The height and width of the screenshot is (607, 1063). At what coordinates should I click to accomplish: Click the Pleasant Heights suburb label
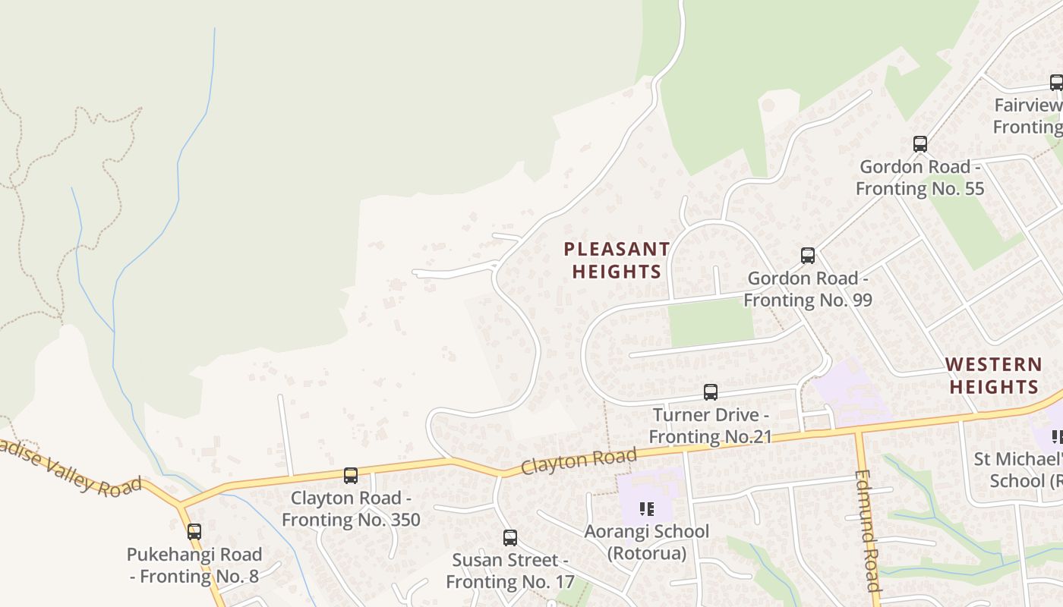[x=617, y=260]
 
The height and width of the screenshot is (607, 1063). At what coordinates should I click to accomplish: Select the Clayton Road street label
[x=579, y=461]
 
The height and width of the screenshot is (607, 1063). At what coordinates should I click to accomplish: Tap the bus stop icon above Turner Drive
[x=711, y=392]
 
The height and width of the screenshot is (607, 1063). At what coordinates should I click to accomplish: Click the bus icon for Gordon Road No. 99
[x=808, y=256]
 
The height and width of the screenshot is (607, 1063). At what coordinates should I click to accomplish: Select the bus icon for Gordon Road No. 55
[x=920, y=144]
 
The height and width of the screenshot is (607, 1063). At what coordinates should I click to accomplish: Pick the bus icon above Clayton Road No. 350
[x=351, y=476]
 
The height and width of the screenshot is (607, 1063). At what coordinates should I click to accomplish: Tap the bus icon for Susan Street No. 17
[x=510, y=538]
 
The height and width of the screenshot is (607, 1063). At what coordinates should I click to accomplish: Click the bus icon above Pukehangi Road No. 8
[x=194, y=532]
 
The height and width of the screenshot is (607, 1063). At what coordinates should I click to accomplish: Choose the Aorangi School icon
[x=647, y=508]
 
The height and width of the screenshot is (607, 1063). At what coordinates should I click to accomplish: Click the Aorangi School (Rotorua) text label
[x=647, y=543]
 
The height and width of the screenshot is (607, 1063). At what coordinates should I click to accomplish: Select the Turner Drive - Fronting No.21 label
[x=711, y=426]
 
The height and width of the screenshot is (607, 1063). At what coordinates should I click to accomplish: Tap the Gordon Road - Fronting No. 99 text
[x=808, y=289]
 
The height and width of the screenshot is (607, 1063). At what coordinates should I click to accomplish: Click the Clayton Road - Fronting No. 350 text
[x=351, y=509]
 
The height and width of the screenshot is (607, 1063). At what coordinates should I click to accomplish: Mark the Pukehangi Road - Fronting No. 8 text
[x=194, y=565]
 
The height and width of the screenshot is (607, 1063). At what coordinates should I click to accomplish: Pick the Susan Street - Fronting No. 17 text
[x=510, y=571]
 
